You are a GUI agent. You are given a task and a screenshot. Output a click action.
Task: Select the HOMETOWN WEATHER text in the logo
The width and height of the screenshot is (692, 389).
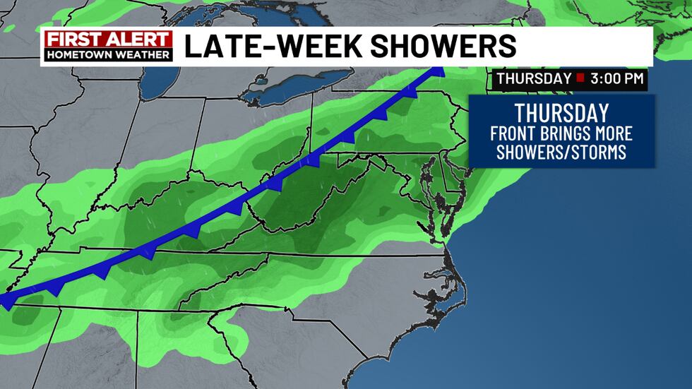click(107, 54)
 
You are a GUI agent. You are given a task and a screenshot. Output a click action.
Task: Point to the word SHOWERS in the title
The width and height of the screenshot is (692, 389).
click(442, 46)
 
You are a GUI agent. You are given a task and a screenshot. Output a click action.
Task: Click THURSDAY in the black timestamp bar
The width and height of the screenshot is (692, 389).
click(532, 78)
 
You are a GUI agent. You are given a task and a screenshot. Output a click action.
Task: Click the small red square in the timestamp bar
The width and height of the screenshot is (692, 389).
click(580, 78)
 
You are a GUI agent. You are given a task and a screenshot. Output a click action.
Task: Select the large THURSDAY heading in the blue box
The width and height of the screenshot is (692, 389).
click(561, 113)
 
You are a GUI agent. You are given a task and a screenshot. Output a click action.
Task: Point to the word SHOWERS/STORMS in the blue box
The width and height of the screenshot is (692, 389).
click(561, 152)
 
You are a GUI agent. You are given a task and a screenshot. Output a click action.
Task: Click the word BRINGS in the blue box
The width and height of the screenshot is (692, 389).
click(565, 133)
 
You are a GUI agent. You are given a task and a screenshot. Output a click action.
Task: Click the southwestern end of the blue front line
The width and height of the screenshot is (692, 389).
click(6, 301)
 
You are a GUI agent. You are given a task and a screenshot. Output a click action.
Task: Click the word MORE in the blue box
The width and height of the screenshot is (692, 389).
click(613, 133)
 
